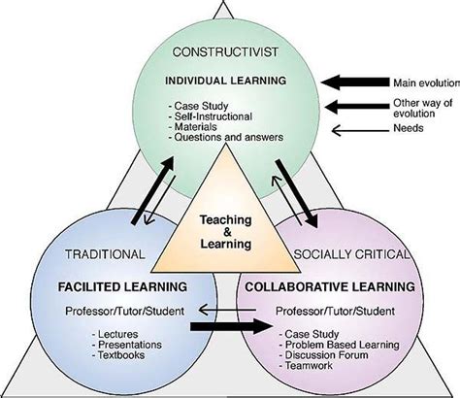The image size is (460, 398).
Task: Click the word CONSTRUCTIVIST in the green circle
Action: [x=225, y=52]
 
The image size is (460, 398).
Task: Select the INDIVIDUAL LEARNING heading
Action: [x=226, y=81]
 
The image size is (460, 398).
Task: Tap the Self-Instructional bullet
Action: [x=210, y=116]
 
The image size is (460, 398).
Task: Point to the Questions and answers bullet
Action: [x=226, y=137]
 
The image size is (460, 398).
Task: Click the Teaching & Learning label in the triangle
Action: [x=226, y=232]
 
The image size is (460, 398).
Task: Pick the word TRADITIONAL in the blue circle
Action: [x=105, y=254]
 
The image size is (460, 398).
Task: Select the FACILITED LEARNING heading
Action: [x=122, y=287]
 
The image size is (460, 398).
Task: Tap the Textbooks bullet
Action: [x=118, y=355]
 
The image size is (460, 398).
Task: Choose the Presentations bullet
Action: [x=127, y=345]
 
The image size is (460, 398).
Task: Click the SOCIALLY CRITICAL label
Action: [x=351, y=254]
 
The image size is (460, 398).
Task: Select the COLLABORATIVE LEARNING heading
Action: [x=330, y=287]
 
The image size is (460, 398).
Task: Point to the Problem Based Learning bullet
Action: [x=340, y=345]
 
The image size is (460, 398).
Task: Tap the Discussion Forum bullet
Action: [x=323, y=355]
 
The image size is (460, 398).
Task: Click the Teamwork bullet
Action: [x=306, y=366]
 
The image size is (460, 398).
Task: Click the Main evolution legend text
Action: [x=426, y=83]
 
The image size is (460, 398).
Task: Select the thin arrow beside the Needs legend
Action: [x=361, y=130]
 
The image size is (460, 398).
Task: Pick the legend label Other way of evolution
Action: [x=423, y=109]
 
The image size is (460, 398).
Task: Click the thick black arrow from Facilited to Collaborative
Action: [x=232, y=326]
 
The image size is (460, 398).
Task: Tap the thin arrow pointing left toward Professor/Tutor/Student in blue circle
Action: [x=227, y=310]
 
